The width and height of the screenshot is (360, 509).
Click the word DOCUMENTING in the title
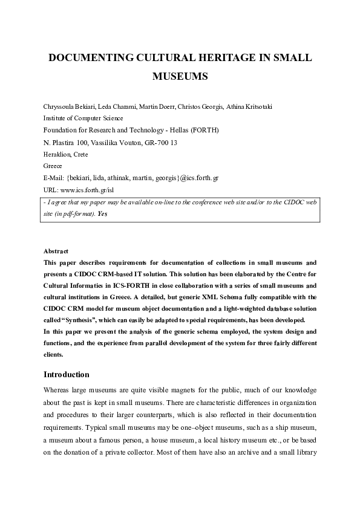click(x=85, y=58)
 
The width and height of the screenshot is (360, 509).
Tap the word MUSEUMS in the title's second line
click(x=180, y=77)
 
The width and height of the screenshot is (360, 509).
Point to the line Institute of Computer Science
click(x=83, y=118)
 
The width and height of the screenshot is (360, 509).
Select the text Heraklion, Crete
click(x=66, y=154)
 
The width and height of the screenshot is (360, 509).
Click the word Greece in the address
click(x=53, y=166)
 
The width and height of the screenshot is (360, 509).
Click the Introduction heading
click(x=67, y=374)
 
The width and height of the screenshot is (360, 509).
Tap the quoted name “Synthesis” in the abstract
click(x=73, y=320)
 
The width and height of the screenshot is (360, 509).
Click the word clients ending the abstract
click(x=53, y=355)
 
